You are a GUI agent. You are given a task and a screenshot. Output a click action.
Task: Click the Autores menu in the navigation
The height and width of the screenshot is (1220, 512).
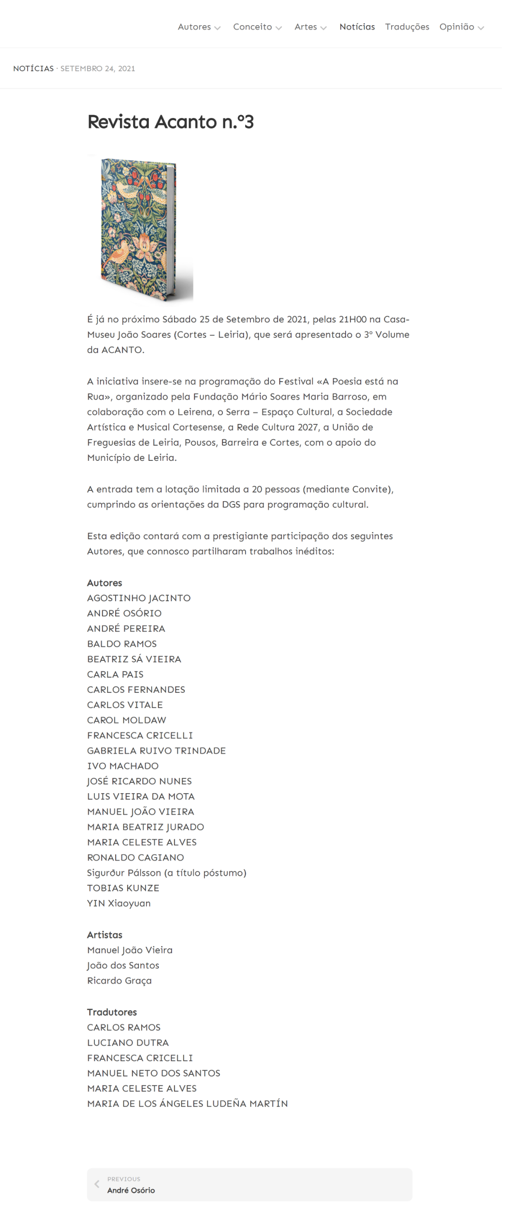pos(194,27)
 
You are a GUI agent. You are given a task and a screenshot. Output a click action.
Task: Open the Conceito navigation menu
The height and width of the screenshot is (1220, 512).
pos(252,27)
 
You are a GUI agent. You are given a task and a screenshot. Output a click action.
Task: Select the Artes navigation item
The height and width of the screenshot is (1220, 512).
pos(305,27)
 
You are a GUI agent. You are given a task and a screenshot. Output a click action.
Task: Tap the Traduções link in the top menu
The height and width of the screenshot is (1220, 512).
pos(407,27)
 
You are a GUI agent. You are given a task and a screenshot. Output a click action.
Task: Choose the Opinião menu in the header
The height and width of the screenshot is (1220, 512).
pos(456,27)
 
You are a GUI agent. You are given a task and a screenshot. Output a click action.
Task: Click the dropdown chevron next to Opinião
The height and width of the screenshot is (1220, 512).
pos(481,28)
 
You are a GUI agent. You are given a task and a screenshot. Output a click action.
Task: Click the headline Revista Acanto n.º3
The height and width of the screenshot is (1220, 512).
pos(171,122)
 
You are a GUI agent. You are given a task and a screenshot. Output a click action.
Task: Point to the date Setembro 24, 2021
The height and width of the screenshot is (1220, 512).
pos(98,69)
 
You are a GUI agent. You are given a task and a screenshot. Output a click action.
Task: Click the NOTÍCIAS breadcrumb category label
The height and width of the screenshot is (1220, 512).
pos(34,69)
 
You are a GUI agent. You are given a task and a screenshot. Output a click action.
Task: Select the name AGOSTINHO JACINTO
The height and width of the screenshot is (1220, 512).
pos(138,598)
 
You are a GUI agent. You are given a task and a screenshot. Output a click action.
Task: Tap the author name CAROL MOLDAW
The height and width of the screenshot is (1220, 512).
pos(127,720)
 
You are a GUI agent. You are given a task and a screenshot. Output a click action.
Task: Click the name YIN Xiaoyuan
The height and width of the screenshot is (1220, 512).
pos(119,903)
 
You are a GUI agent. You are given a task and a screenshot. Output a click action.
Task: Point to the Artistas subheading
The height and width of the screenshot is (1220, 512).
pos(105,935)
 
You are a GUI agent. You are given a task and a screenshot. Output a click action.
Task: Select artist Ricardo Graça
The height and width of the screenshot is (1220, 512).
pos(119,980)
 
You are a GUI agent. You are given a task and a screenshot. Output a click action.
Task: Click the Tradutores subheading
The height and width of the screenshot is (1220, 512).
pos(112,1012)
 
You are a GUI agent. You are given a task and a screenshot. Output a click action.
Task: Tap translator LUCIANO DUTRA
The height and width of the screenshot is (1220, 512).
pos(128,1042)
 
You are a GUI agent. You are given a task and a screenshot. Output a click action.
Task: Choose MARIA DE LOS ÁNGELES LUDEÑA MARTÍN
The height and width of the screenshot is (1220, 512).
pos(187,1103)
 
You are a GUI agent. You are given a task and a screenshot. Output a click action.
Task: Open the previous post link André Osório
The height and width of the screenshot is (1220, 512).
pos(131,1190)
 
